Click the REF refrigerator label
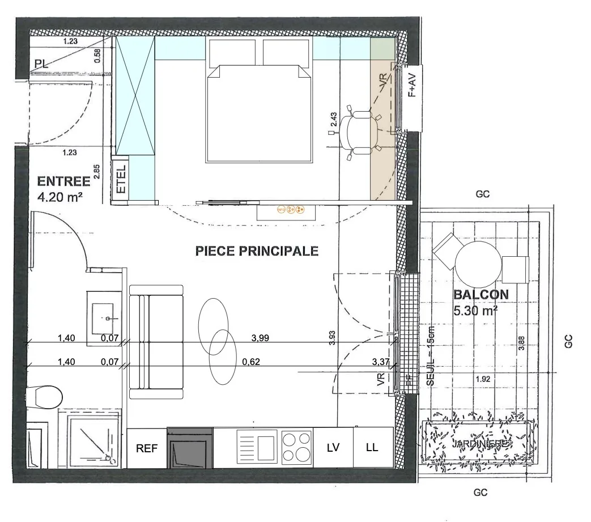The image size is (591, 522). coord(147,448)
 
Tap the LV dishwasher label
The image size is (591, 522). coord(333,447)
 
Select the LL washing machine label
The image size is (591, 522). coord(372,447)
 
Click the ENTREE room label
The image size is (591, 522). coord(63,181)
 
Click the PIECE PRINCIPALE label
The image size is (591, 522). coord(257,251)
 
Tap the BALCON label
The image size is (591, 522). coord(481,295)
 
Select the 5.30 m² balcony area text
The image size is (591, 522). coord(476,311)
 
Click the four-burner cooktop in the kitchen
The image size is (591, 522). coord(296,447)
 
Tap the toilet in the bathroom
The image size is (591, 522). coord(44,396)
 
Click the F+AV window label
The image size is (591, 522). coord(413,87)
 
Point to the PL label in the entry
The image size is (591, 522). coord(41,64)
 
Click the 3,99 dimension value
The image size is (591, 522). coord(260,338)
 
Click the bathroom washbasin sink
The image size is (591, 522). coord(105,315)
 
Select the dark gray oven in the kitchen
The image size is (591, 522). coord(190,448)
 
